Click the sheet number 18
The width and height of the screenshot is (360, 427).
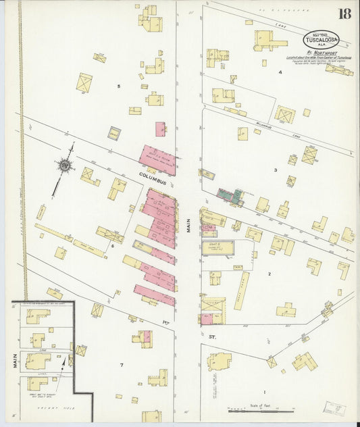tap(344, 14)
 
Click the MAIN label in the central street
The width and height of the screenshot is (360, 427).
tap(190, 224)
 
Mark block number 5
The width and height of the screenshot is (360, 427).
tap(118, 86)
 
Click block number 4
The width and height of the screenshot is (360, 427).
tap(280, 70)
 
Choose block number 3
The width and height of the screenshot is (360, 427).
tap(275, 170)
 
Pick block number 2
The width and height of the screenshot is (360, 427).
tap(269, 274)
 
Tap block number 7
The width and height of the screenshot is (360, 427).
tap(122, 366)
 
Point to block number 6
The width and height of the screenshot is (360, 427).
tap(113, 246)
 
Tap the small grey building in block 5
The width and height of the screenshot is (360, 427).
tap(114, 134)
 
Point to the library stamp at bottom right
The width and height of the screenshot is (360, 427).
tap(332, 409)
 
